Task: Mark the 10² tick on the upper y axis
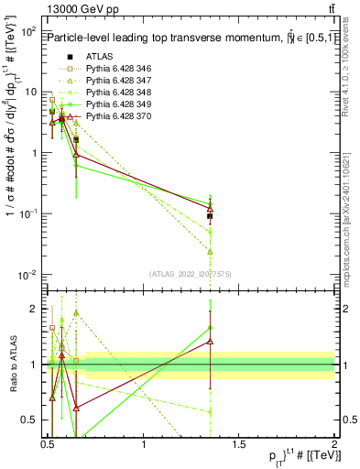(27, 31)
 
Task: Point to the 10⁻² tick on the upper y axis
(27, 275)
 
